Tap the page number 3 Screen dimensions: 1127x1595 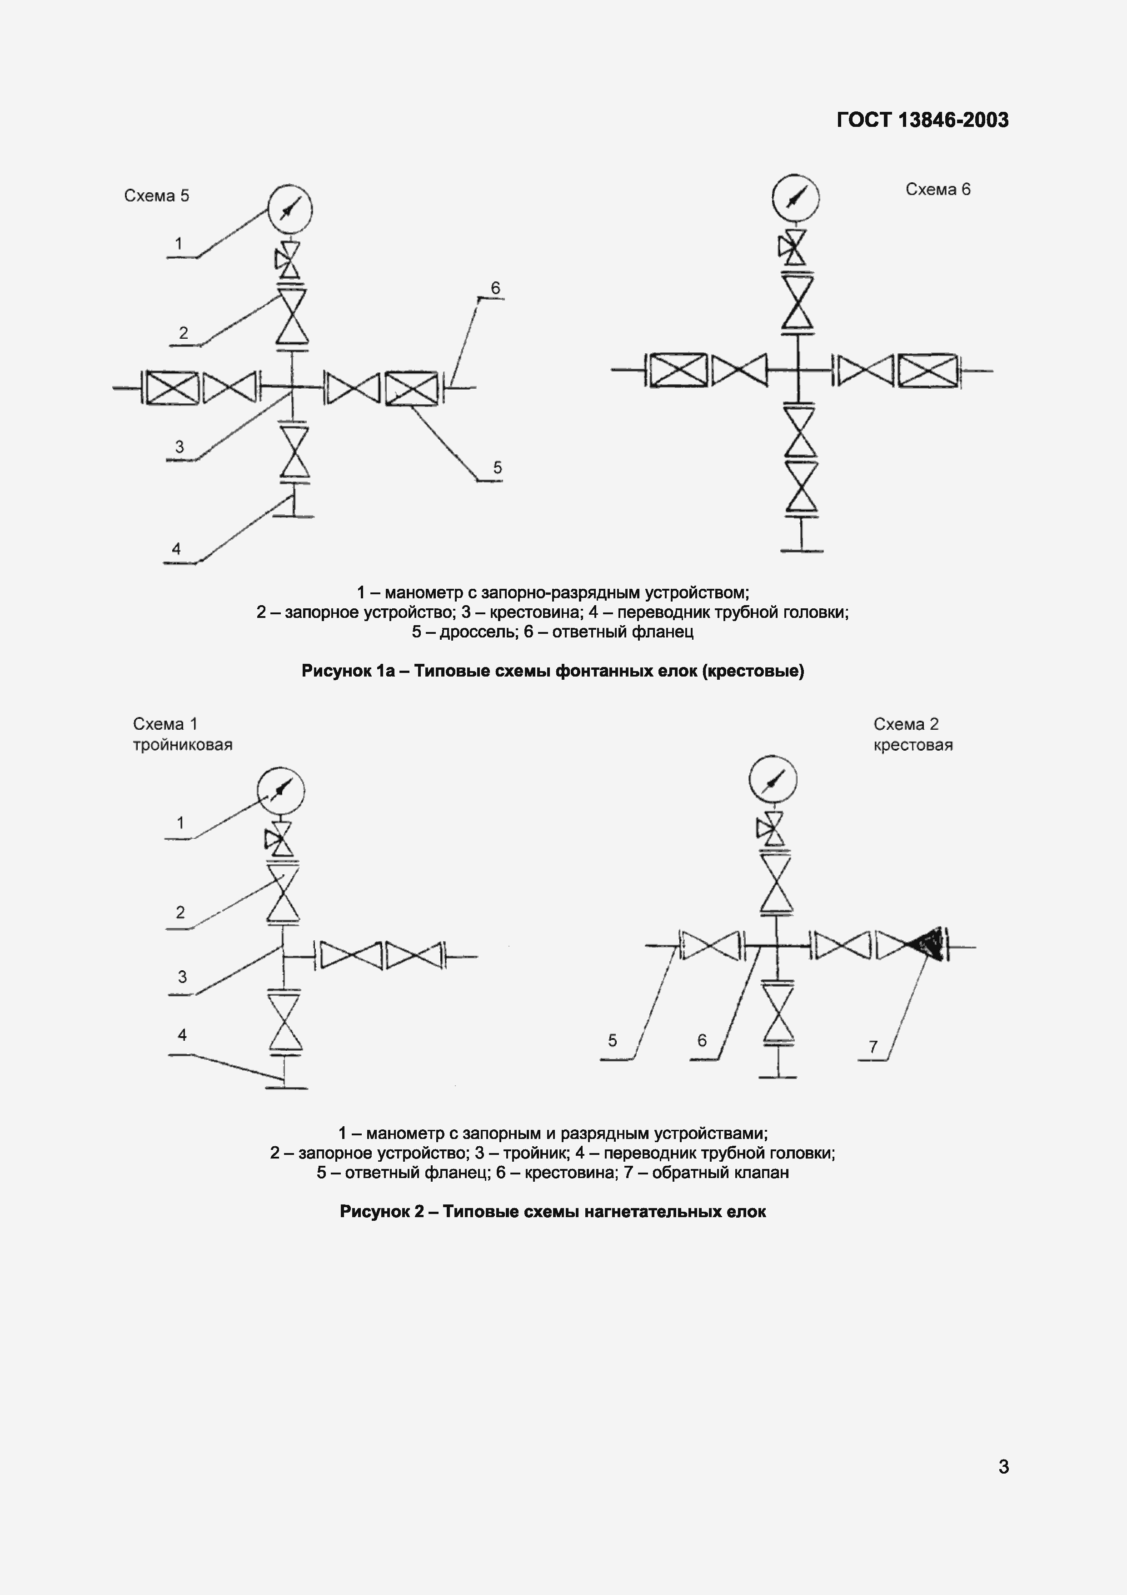pyautogui.click(x=1003, y=1466)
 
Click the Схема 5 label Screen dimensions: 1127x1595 pyautogui.click(x=156, y=196)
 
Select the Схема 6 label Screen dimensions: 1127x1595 pyautogui.click(x=938, y=190)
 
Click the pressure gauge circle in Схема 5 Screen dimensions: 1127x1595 pyautogui.click(x=290, y=208)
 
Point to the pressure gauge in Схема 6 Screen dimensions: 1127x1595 pyautogui.click(x=795, y=197)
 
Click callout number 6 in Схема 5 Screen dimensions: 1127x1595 pyautogui.click(x=495, y=288)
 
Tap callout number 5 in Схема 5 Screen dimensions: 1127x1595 pyautogui.click(x=497, y=467)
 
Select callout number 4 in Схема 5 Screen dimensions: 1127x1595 pyautogui.click(x=176, y=549)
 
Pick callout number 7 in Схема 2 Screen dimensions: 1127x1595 pyautogui.click(x=873, y=1046)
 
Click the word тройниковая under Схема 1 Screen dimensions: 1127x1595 pyautogui.click(x=183, y=745)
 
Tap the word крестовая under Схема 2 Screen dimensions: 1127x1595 pyautogui.click(x=913, y=745)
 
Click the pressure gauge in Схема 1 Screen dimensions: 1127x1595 pyautogui.click(x=281, y=791)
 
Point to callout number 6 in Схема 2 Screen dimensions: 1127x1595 pyautogui.click(x=702, y=1040)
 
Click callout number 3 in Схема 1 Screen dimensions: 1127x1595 pyautogui.click(x=182, y=977)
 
